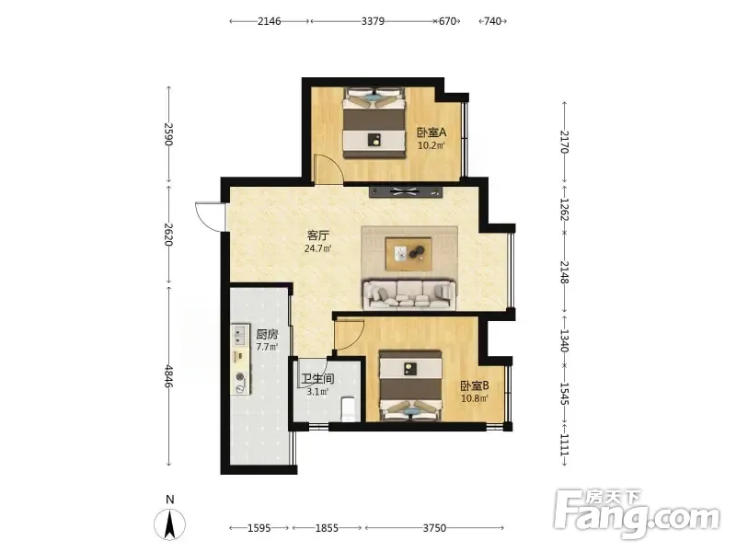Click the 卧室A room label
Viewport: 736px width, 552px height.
click(431, 132)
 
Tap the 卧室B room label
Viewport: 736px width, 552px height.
click(475, 385)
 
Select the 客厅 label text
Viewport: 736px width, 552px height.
click(317, 236)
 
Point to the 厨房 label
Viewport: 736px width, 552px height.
click(267, 335)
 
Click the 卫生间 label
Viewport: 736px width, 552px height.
click(317, 379)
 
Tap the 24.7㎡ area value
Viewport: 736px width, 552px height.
click(317, 248)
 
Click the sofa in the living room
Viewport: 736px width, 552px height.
click(409, 295)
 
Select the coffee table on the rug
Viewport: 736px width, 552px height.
click(408, 254)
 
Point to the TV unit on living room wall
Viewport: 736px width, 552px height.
click(406, 192)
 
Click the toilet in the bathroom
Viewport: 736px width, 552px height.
click(349, 408)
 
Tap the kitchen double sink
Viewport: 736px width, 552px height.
click(240, 335)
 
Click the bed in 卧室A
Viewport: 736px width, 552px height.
click(374, 123)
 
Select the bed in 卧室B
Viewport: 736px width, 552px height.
click(410, 385)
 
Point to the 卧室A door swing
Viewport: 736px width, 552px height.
click(329, 169)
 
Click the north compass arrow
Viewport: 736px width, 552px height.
click(169, 523)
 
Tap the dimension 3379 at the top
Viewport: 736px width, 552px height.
click(374, 21)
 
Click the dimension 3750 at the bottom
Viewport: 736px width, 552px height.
click(434, 528)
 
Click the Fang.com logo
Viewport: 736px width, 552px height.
click(637, 514)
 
